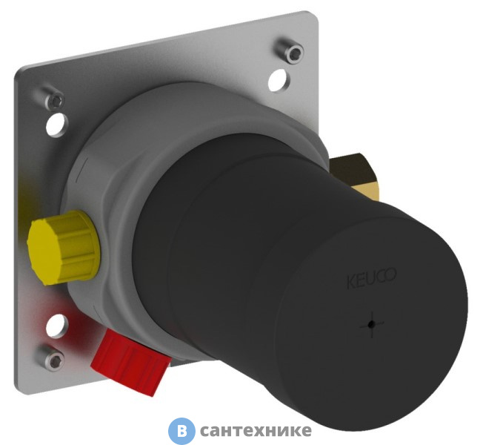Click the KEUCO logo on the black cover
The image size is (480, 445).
click(x=371, y=278)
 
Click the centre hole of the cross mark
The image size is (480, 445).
click(x=371, y=324)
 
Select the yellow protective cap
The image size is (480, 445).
click(x=64, y=248)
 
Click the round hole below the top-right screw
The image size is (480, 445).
click(x=279, y=80)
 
